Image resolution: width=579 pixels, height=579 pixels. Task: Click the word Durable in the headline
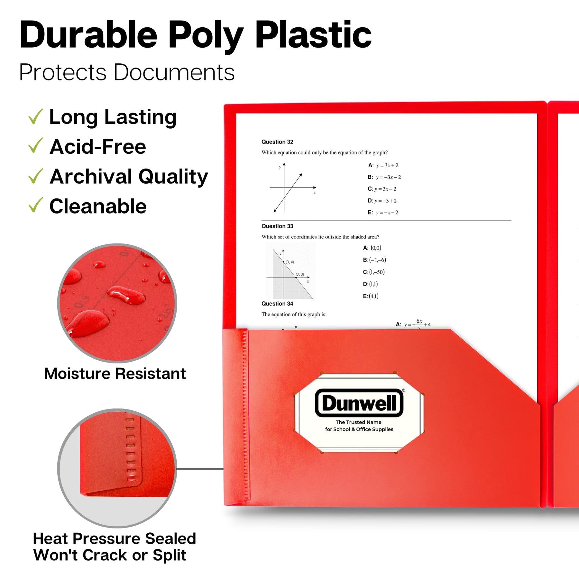[x=88, y=35]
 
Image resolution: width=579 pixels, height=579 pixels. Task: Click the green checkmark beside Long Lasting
[x=36, y=116]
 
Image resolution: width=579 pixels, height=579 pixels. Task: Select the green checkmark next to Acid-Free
[x=36, y=145]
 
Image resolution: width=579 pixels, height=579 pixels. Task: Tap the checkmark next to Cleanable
[x=36, y=205]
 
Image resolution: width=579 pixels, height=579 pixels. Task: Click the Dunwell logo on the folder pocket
[x=359, y=403]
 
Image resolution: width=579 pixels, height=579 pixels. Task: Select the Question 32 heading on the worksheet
[x=277, y=142]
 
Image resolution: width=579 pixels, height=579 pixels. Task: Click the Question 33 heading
[x=277, y=226]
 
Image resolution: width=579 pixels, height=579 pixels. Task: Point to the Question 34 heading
[x=277, y=304]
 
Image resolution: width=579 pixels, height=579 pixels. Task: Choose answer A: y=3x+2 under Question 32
[x=383, y=165]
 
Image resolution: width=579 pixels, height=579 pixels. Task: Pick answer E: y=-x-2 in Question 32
[x=383, y=212]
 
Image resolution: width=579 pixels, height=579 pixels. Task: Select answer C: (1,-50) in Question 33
[x=374, y=272]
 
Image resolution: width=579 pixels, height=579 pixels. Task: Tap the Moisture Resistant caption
[x=115, y=374]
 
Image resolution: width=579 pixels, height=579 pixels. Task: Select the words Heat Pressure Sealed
[x=115, y=538]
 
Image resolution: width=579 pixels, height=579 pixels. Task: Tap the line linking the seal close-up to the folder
[x=200, y=469]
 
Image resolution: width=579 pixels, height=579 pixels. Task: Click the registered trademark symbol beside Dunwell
[x=404, y=390]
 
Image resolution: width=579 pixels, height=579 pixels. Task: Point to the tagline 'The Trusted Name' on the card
[x=359, y=422]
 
